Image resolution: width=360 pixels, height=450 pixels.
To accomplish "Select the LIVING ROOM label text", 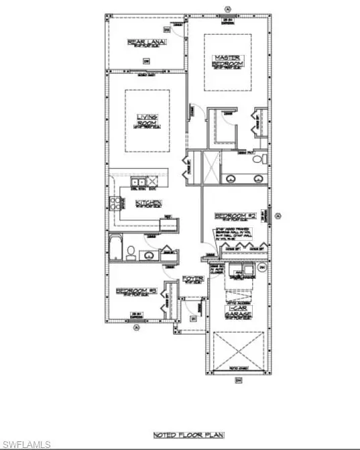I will tap(146, 120).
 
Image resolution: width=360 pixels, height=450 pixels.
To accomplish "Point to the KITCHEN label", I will tap(147, 203).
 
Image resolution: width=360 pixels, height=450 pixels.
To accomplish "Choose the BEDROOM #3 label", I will tap(136, 291).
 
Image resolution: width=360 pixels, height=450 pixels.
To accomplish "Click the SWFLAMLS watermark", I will tap(26, 443).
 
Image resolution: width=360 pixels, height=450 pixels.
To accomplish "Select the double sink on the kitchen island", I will tap(139, 182).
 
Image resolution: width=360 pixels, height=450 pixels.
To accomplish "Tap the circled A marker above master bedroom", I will tap(228, 7).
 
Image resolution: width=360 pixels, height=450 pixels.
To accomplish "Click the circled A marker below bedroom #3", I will tap(135, 328).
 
